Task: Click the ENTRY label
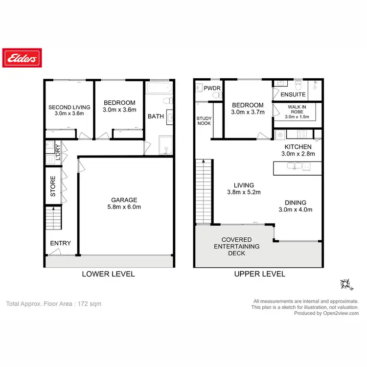click(x=60, y=243)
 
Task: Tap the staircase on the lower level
click(x=53, y=218)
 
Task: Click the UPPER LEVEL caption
click(x=259, y=274)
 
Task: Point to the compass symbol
click(x=346, y=284)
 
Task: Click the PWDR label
click(x=212, y=89)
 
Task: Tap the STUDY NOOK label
click(x=204, y=121)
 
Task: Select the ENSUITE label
click(x=293, y=94)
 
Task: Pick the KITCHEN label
click(x=298, y=146)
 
